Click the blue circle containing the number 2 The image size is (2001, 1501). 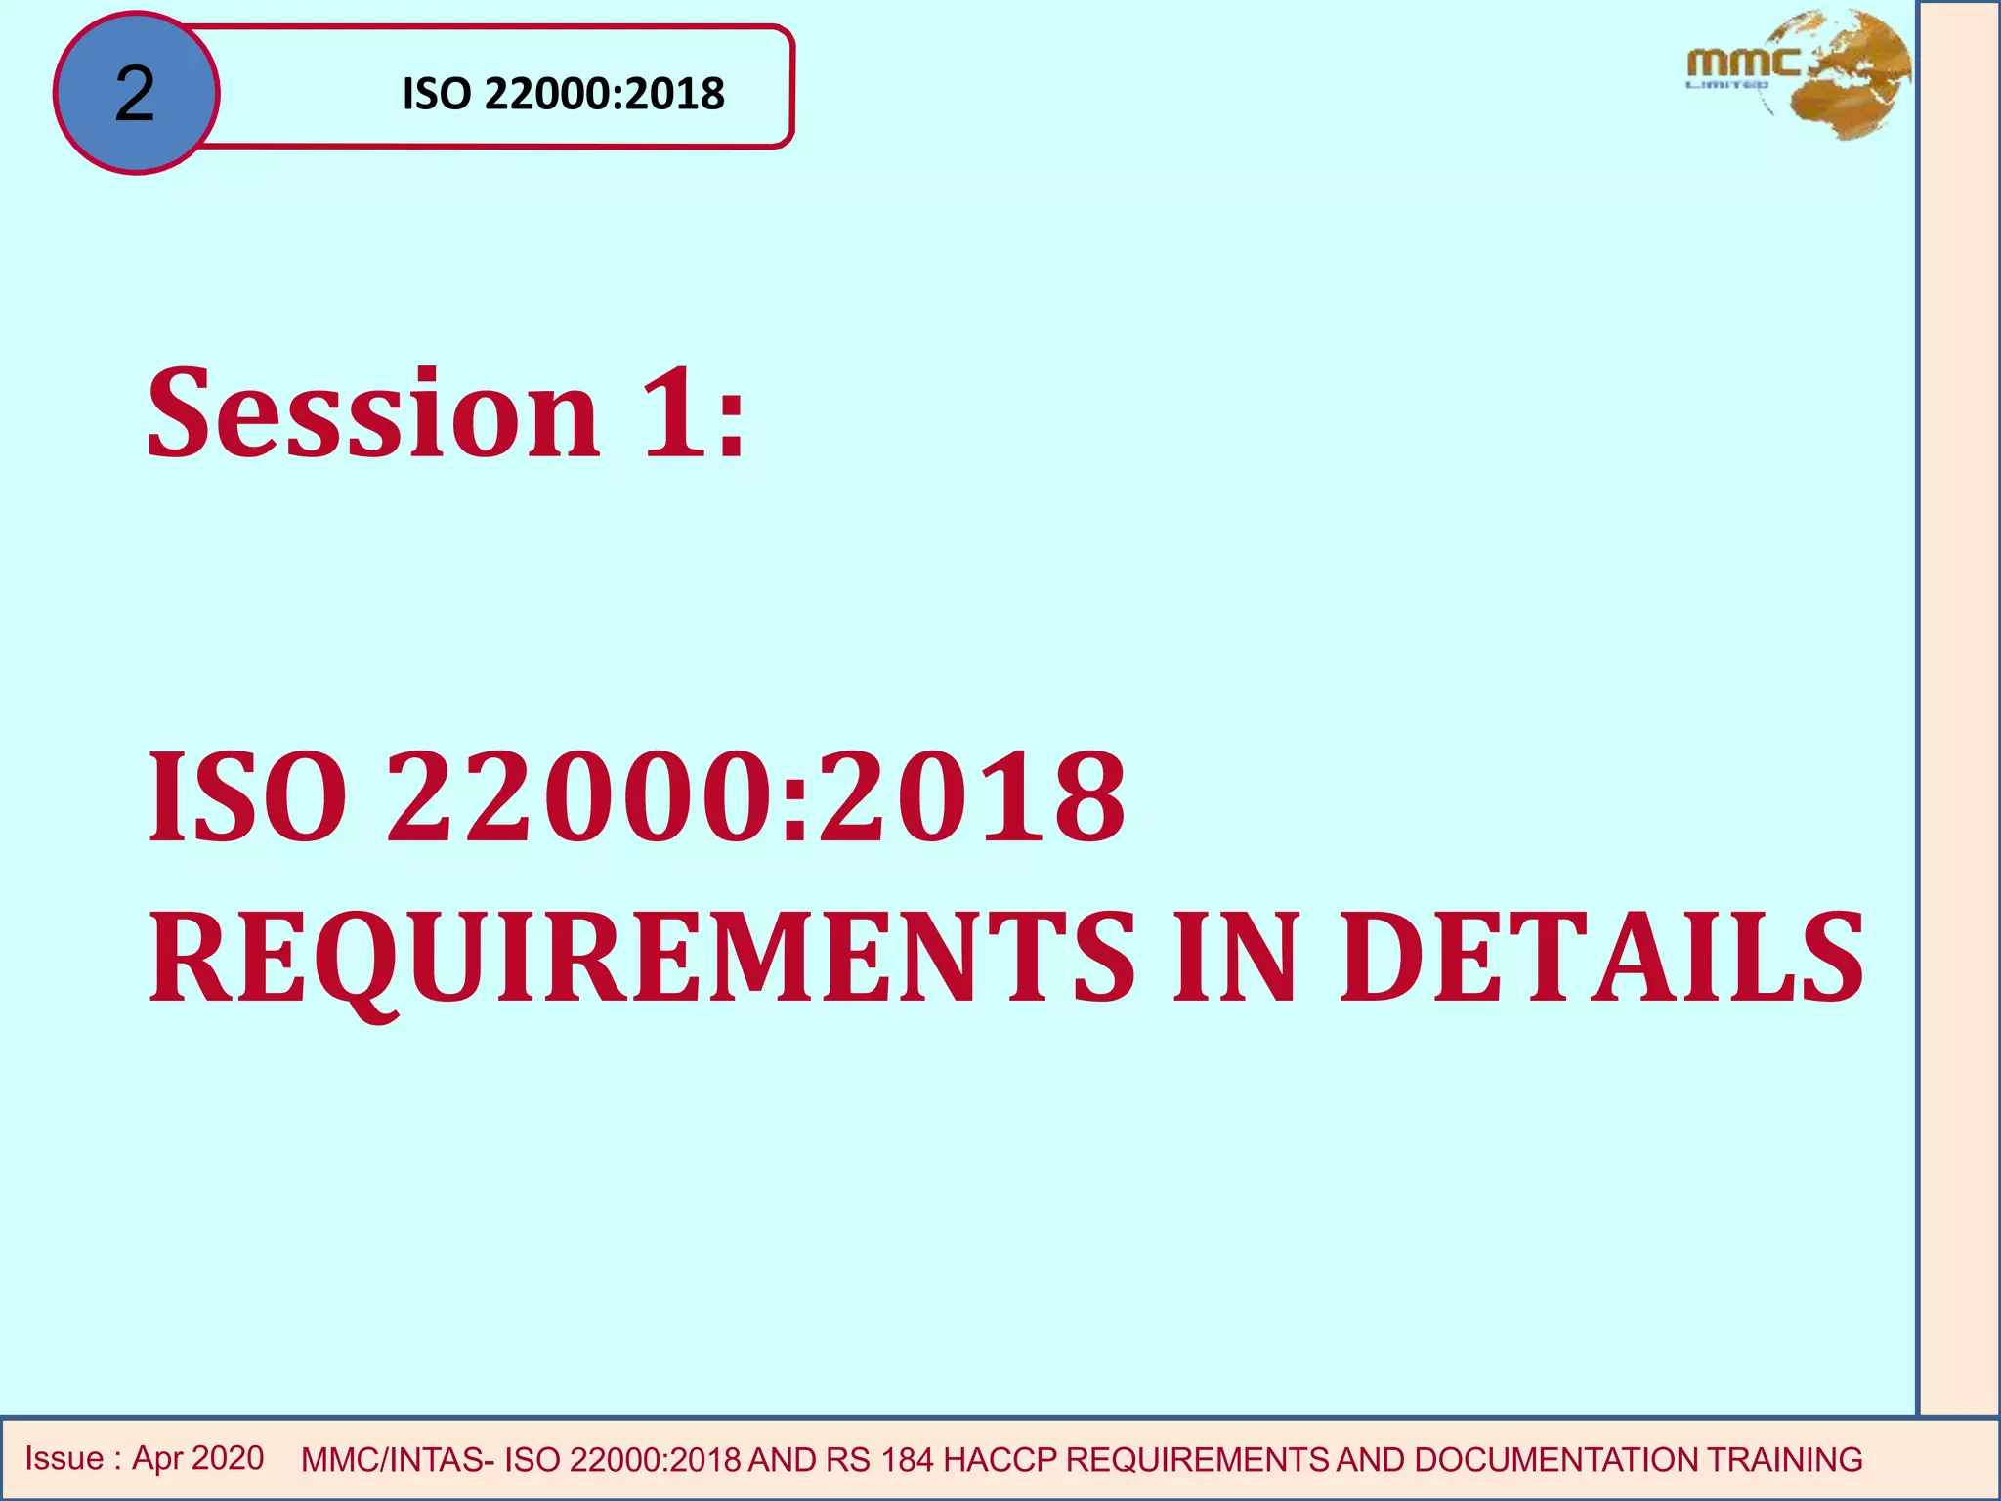pyautogui.click(x=136, y=94)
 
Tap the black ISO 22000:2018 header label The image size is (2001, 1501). pyautogui.click(x=563, y=94)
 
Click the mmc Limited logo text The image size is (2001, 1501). pyautogui.click(x=1742, y=66)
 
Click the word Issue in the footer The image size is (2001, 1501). pyautogui.click(x=64, y=1458)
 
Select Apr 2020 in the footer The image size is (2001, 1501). pyautogui.click(x=198, y=1458)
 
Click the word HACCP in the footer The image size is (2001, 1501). pyautogui.click(x=1000, y=1460)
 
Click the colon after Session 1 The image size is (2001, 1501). pyautogui.click(x=731, y=430)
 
